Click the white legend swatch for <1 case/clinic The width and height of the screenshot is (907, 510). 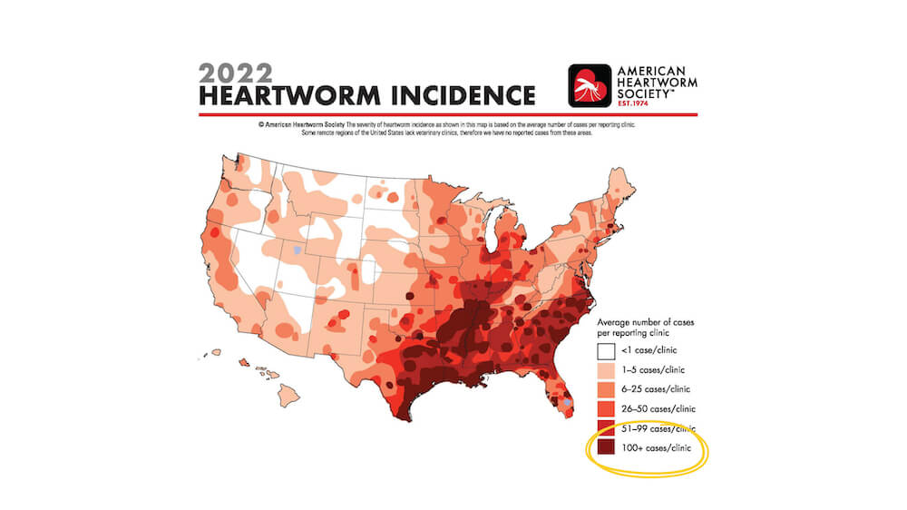[606, 349]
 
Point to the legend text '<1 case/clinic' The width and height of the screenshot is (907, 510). [651, 350]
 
